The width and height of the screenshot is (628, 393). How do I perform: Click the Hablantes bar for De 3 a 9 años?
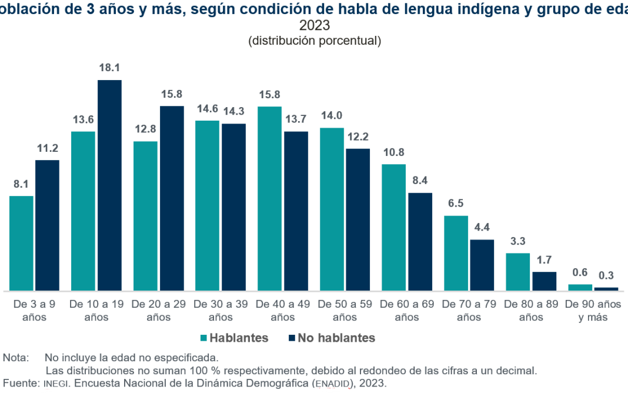(21, 244)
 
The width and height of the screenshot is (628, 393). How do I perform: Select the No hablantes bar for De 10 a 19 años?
(109, 185)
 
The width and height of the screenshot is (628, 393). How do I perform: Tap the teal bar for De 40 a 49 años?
(270, 199)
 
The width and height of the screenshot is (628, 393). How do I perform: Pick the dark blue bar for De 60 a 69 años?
(420, 242)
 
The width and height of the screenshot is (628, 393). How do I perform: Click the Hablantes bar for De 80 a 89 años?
(518, 272)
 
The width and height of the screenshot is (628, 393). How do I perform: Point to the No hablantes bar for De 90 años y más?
(606, 289)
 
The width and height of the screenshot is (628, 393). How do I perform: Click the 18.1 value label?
(109, 68)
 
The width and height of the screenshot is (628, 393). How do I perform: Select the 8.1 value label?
(21, 184)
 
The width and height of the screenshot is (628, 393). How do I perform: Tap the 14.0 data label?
(332, 116)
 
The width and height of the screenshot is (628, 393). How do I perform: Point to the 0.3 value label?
(606, 276)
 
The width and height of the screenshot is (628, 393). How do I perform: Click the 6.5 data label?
(456, 204)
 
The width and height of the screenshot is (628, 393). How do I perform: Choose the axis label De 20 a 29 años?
(159, 311)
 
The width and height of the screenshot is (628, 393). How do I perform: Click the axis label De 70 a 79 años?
(469, 311)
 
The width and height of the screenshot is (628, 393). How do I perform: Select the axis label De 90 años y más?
(593, 311)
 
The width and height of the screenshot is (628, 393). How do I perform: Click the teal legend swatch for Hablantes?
(204, 338)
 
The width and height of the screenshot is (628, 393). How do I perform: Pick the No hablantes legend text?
(336, 338)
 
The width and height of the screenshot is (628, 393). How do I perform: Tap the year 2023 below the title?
(315, 26)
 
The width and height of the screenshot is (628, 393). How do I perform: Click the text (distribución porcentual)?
(315, 41)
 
